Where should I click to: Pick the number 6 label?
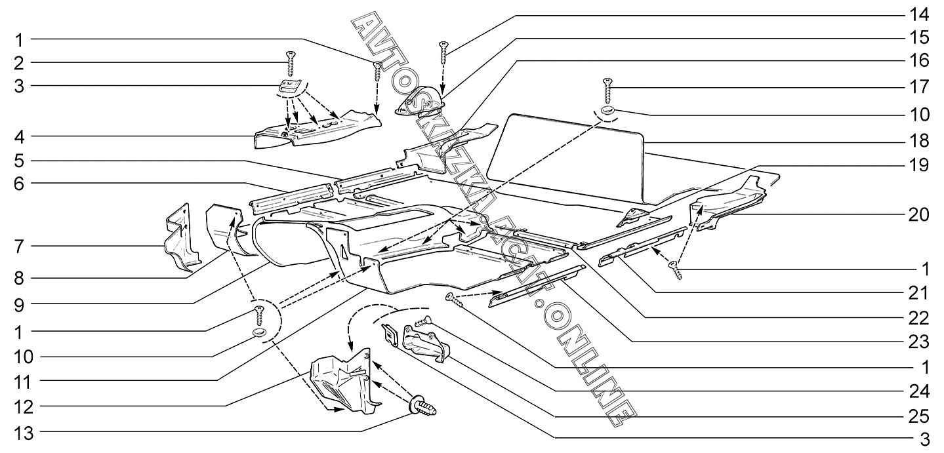[20, 184]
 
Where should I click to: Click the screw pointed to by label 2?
[289, 64]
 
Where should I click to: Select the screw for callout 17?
[607, 89]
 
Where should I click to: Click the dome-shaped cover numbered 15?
[421, 102]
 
